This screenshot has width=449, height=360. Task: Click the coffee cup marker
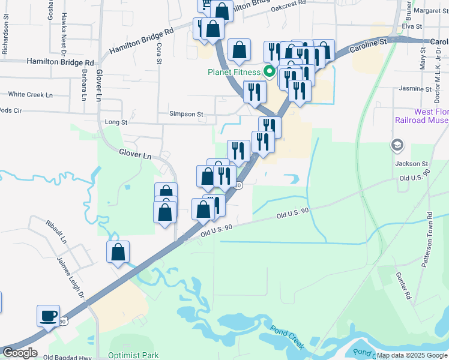49,316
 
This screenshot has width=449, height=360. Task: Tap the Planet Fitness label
234,73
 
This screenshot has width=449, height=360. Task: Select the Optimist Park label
133,355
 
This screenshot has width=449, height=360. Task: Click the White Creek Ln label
30,95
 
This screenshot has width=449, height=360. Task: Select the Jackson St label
411,163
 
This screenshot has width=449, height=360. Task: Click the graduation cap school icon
397,145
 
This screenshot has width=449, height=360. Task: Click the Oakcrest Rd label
288,7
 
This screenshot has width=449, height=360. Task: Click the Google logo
20,353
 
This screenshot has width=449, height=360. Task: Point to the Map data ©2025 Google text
411,355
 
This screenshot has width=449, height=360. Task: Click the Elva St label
413,26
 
